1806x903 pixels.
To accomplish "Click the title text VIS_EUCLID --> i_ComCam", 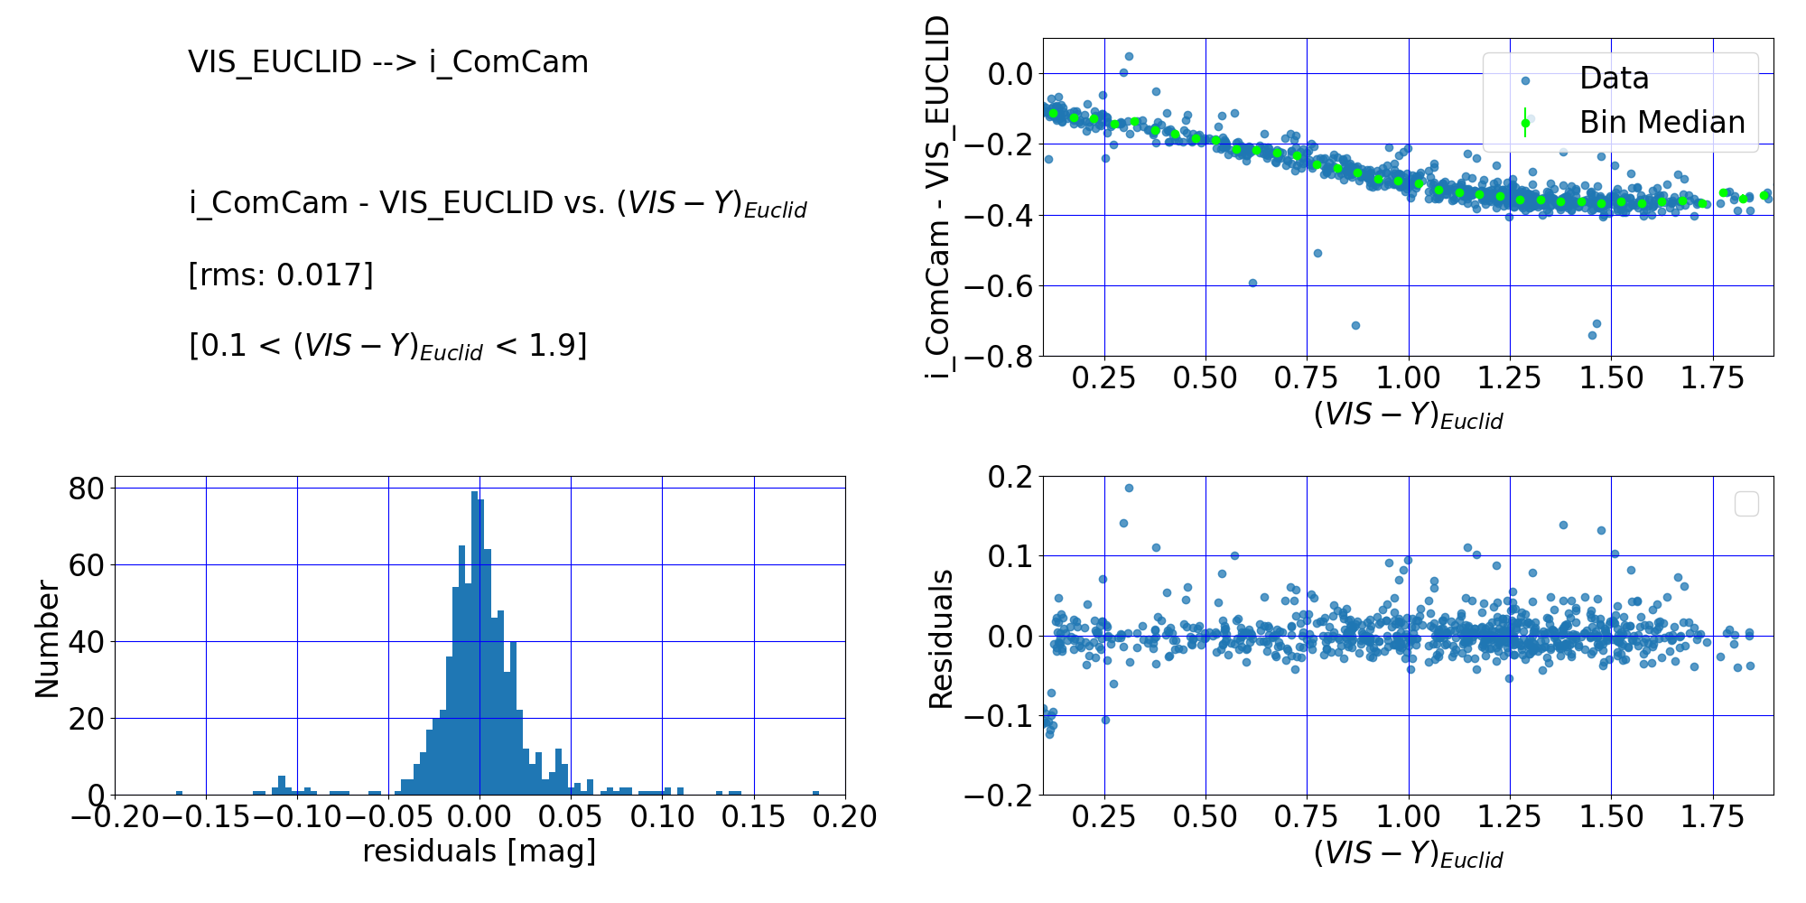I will coord(388,62).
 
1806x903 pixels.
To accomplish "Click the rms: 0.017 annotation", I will coord(281,275).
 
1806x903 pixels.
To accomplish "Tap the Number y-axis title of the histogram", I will coord(47,639).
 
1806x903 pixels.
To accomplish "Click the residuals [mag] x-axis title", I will coord(479,852).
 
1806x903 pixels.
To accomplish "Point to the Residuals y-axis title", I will coord(941,639).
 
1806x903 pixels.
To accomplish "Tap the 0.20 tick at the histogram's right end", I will coord(845,817).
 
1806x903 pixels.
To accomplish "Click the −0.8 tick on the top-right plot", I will coord(1000,357).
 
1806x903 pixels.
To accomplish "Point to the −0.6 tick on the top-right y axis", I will coord(1000,286).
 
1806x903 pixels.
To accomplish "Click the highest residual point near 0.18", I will coord(1129,489).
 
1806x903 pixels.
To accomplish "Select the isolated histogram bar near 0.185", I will coord(816,793).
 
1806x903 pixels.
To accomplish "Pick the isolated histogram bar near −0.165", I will coord(179,793).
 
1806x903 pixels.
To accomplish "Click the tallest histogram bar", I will coord(475,643).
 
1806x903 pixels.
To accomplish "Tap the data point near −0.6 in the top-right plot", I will coord(1252,283).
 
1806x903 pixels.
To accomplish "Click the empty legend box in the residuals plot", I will coord(1746,504).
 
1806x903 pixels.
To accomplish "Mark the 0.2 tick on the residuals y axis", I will coord(1011,477).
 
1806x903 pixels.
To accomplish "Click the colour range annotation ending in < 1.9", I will coord(388,346).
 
